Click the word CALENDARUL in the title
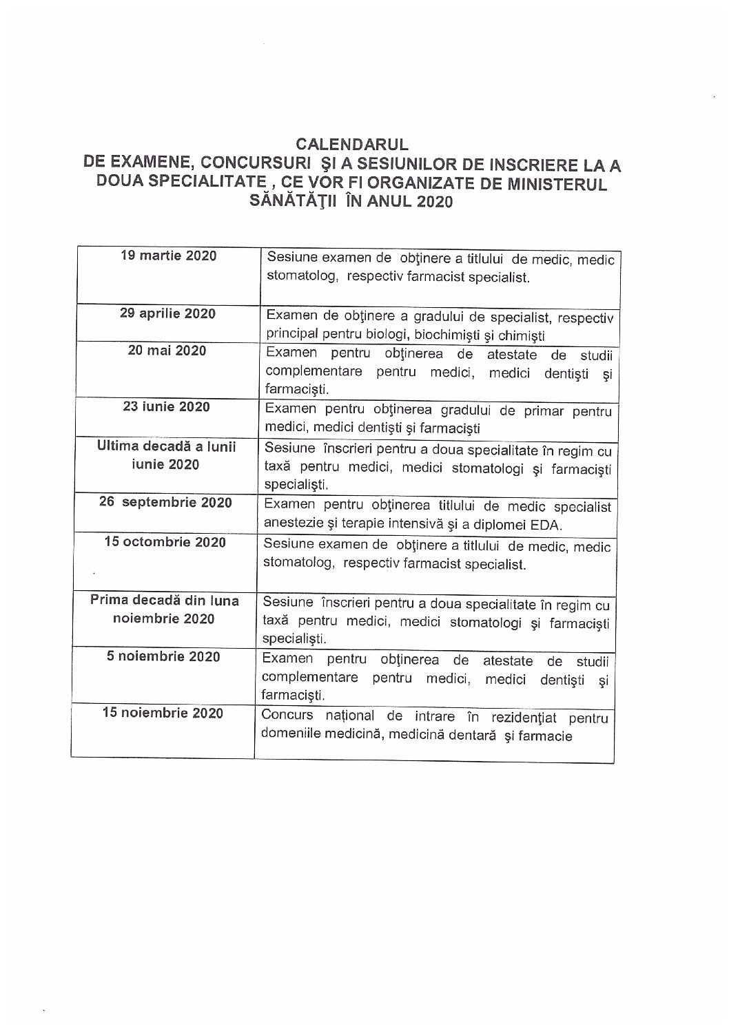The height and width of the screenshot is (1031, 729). tap(352, 145)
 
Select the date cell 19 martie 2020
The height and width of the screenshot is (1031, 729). tap(168, 256)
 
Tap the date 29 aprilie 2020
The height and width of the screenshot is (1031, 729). tap(167, 313)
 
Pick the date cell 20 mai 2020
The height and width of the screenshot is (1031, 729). tap(167, 351)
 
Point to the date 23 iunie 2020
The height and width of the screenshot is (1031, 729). tap(166, 406)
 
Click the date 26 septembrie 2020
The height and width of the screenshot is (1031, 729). tap(166, 502)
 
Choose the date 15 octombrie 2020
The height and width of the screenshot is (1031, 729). tap(165, 542)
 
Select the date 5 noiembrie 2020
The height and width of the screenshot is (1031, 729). tap(163, 656)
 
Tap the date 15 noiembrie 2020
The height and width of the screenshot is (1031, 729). tap(163, 713)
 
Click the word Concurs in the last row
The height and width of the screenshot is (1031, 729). tap(287, 714)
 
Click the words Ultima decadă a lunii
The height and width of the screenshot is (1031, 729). tap(167, 446)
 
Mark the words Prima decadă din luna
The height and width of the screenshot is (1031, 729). tap(165, 600)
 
